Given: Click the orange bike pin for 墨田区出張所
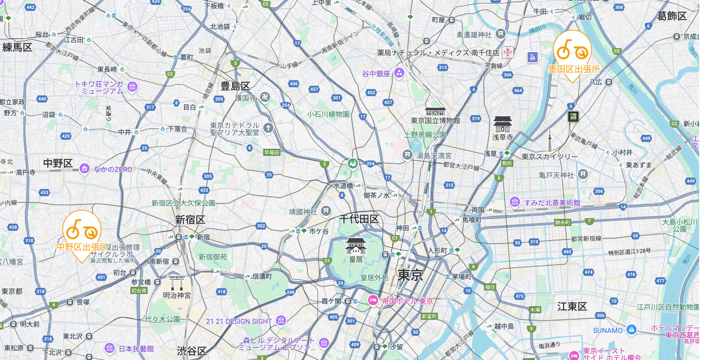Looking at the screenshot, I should tap(572, 51).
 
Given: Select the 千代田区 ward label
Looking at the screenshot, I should tap(359, 219).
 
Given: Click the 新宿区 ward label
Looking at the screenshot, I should tap(190, 220).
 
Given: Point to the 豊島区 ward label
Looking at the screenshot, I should tap(235, 86).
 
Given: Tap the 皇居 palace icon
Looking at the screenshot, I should tap(356, 246).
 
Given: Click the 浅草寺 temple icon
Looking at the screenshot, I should tap(503, 124).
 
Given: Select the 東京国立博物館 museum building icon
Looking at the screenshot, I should tap(435, 112).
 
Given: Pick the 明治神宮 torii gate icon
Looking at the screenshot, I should tap(177, 283).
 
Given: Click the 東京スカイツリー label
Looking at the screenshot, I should tap(549, 157).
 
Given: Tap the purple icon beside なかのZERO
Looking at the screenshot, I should tap(84, 169).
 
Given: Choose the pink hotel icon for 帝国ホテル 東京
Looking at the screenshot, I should tap(373, 300).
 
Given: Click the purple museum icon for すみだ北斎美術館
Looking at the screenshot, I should tap(515, 202).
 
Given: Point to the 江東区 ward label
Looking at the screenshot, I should tap(572, 306).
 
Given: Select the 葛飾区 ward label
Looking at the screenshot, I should tap(672, 16).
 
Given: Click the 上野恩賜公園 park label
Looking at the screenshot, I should tap(425, 135).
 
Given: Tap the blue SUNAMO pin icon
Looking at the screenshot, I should tap(631, 330).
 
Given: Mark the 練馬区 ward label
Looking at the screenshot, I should tap(17, 47).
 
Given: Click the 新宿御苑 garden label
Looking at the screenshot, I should tap(213, 257).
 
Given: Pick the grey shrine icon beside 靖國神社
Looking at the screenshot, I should tap(326, 211).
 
